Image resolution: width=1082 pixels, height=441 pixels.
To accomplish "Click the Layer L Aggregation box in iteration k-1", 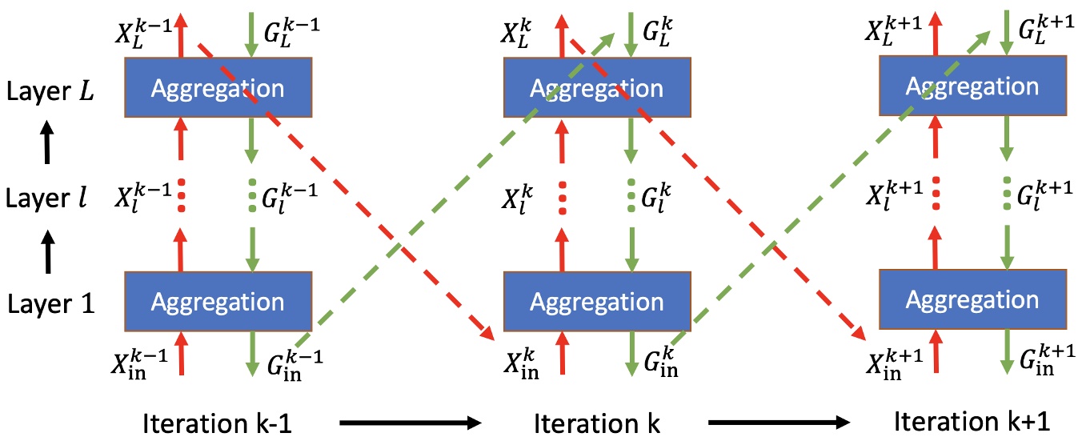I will [x=217, y=88].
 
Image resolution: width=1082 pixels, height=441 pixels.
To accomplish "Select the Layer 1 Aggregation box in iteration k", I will [x=596, y=302].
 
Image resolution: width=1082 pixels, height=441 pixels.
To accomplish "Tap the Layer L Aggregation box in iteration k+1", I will [x=972, y=87].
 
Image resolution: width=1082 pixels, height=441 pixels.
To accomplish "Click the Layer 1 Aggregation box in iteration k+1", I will [x=972, y=299].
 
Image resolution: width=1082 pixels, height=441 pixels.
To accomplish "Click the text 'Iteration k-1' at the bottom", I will [x=217, y=423].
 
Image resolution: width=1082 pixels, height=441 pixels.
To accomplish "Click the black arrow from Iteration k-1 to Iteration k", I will [x=408, y=423].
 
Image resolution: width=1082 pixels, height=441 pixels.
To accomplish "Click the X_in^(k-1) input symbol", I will [x=140, y=362].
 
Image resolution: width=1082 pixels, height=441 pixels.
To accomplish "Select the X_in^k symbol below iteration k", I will [x=522, y=362].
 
